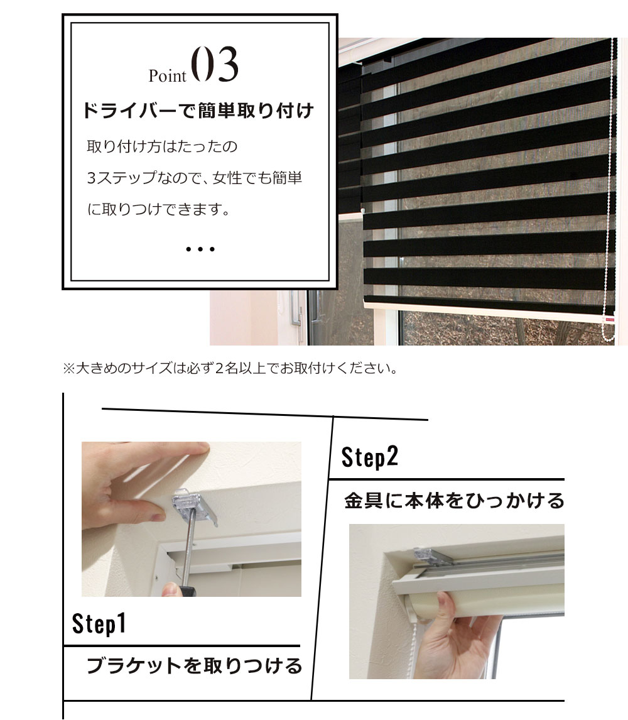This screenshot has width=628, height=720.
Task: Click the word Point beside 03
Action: pyautogui.click(x=168, y=76)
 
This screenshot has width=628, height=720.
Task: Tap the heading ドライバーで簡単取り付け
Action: pyautogui.click(x=198, y=112)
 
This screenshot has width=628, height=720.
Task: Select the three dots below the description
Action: pyautogui.click(x=200, y=249)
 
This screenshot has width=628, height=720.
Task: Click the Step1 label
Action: pyautogui.click(x=99, y=623)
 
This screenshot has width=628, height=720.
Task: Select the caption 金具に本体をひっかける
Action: pyautogui.click(x=454, y=501)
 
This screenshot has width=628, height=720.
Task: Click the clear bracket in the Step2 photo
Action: pyautogui.click(x=427, y=554)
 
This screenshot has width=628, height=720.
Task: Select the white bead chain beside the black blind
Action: pyautogui.click(x=609, y=188)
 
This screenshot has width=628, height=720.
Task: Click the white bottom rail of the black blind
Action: pyautogui.click(x=484, y=311)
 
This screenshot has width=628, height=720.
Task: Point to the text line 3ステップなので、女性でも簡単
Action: pyautogui.click(x=195, y=178)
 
